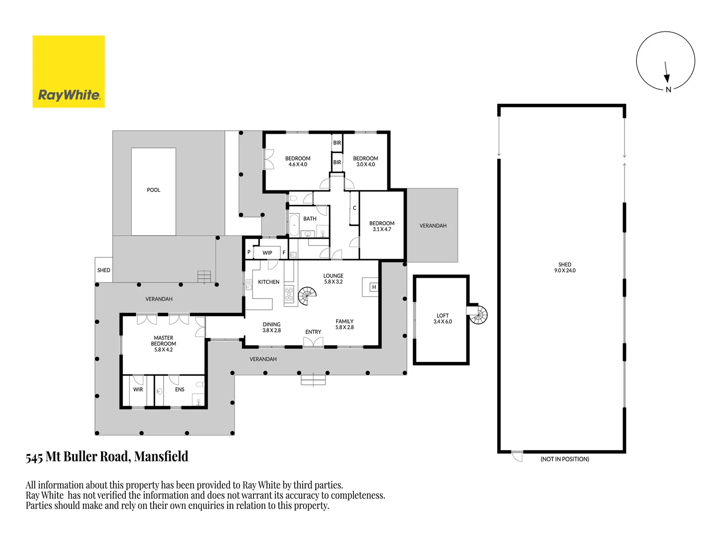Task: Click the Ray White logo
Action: click(x=69, y=72)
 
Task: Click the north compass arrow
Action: click(x=666, y=73)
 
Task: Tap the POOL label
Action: click(x=154, y=190)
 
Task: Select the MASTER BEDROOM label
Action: click(x=164, y=344)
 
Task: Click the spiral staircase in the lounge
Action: click(x=307, y=296)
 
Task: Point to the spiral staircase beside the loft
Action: click(x=479, y=315)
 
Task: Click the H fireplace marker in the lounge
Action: click(x=374, y=287)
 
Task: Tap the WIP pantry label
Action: click(x=268, y=253)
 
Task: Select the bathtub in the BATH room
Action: click(x=294, y=225)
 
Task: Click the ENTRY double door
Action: click(x=313, y=342)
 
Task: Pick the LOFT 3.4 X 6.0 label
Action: click(x=443, y=319)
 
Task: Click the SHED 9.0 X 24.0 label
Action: click(x=565, y=268)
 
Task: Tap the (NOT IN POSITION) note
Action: click(x=565, y=459)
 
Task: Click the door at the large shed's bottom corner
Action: click(x=518, y=456)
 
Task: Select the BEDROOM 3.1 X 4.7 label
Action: click(x=382, y=226)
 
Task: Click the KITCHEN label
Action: click(x=268, y=282)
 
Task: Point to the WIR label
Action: click(x=138, y=389)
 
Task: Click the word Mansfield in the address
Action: click(x=161, y=456)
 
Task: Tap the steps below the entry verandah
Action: click(x=313, y=380)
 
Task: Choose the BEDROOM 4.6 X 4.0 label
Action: click(x=298, y=161)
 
